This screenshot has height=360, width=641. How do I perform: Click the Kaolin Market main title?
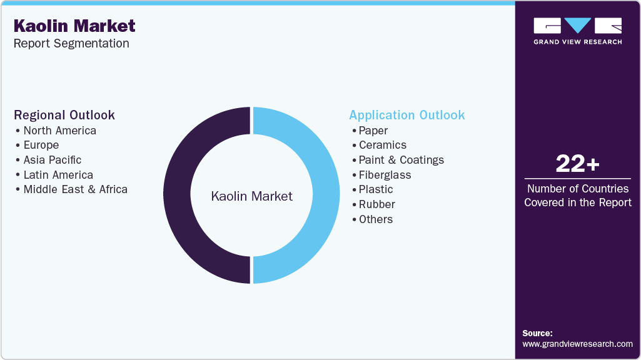(74, 26)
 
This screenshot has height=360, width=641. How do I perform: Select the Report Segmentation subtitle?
(71, 44)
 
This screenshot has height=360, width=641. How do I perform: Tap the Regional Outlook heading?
(64, 115)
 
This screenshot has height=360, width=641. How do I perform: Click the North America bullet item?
(59, 131)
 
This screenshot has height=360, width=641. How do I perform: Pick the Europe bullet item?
(41, 145)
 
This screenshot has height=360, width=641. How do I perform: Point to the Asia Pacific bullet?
(53, 160)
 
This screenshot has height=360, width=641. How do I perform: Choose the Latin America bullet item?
(58, 175)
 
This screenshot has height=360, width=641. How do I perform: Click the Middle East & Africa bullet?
(75, 189)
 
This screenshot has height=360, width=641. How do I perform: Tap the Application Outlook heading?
(407, 115)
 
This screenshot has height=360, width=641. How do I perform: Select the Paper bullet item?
(373, 131)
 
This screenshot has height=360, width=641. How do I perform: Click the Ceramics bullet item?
(383, 145)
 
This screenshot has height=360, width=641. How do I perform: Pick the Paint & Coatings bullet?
(401, 160)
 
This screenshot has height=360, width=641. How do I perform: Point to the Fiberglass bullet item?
(385, 175)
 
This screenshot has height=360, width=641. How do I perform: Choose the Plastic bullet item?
(376, 189)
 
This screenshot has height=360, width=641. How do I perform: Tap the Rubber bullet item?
(377, 204)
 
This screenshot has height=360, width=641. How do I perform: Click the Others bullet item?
(376, 219)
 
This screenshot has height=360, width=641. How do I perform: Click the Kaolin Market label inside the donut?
(251, 196)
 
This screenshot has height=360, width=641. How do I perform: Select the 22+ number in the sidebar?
(577, 164)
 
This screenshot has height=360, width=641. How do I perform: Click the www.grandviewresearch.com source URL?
(577, 344)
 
